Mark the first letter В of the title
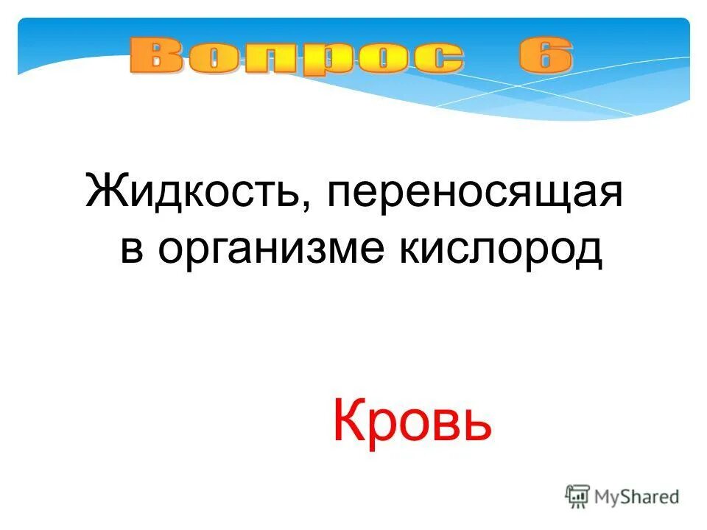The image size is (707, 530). (157, 57)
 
